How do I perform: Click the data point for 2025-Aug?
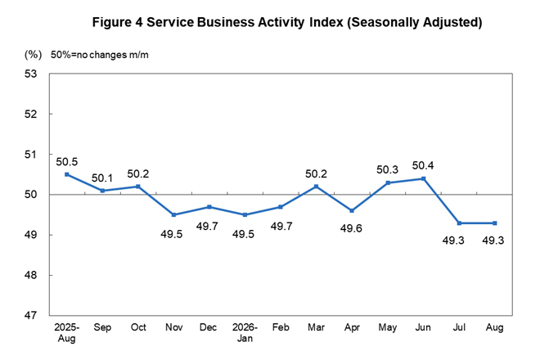[67, 174]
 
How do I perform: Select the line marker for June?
[424, 179]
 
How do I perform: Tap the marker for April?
[352, 211]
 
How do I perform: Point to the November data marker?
[173, 215]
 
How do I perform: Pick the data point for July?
[459, 223]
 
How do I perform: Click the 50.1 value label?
[102, 178]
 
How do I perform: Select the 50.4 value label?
[423, 166]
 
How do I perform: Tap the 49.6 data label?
[351, 228]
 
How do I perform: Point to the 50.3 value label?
[388, 170]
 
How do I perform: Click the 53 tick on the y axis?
[30, 74]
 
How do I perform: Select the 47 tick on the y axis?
[30, 315]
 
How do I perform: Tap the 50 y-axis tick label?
[30, 195]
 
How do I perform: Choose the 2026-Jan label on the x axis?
[245, 332]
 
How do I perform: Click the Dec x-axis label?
[209, 327]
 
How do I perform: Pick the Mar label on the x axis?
[316, 327]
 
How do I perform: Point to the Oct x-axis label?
[138, 327]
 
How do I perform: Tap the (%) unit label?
[33, 55]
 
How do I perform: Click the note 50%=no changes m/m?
[100, 55]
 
